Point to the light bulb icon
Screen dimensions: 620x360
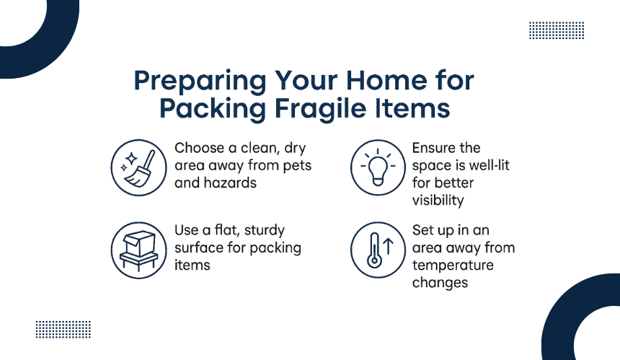pos(378,168)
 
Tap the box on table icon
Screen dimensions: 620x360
pos(139,250)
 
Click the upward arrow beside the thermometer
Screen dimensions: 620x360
pos(389,246)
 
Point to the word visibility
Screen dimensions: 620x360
pos(438,201)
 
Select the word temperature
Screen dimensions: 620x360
pos(453,265)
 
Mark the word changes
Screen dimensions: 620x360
pos(440,284)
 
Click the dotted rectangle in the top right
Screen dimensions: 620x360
pos(557,30)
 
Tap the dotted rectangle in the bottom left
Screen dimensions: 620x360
pos(63,330)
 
